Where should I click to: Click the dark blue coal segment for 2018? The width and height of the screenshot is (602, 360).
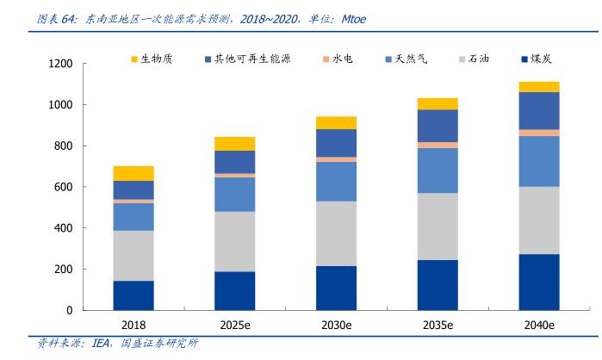(x=133, y=295)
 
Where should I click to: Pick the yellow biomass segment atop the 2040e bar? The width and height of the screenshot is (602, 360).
(x=538, y=86)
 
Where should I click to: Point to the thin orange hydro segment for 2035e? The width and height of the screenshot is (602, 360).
(x=437, y=145)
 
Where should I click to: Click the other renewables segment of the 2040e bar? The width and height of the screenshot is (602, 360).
(x=538, y=110)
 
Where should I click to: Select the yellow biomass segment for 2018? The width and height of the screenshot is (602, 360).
(x=133, y=173)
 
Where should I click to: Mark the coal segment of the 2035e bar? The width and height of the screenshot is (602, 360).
(x=437, y=284)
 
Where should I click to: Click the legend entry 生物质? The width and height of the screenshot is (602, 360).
(x=157, y=59)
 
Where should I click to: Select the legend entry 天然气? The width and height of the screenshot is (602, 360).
(x=412, y=59)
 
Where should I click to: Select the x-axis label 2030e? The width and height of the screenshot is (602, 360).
(x=336, y=326)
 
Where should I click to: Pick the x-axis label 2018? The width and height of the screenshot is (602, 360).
(x=133, y=326)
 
